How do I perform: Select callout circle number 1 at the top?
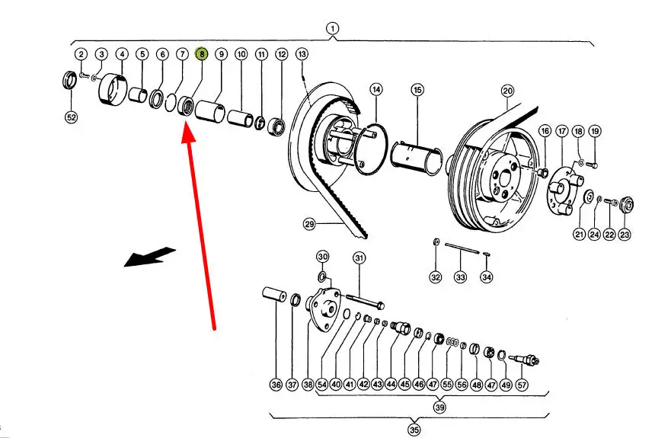332,29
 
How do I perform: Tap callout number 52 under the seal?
72,117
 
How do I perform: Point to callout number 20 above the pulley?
508,91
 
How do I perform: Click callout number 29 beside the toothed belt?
309,224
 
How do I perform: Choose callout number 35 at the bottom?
414,430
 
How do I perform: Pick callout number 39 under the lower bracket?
441,407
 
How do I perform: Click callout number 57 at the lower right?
522,385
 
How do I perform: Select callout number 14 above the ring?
376,90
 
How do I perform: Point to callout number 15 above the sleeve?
417,90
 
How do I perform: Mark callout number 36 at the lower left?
276,385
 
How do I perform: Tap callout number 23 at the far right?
625,235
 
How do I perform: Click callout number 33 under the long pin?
461,277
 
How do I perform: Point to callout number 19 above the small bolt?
595,131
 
